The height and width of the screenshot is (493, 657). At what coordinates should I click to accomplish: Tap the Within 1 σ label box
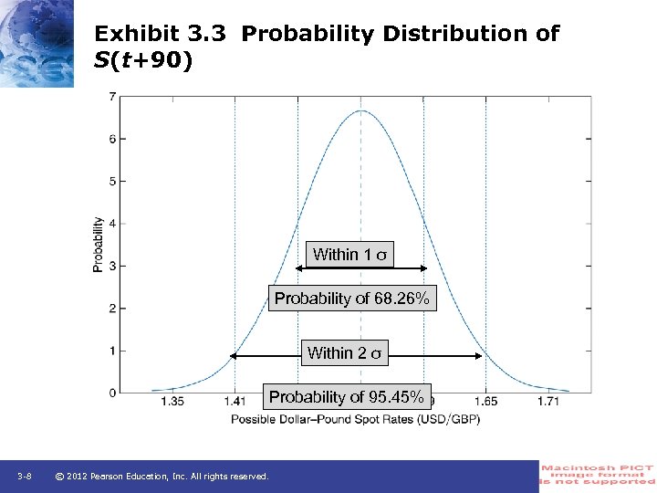pos(352,255)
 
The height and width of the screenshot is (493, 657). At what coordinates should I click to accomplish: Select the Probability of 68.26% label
pos(352,299)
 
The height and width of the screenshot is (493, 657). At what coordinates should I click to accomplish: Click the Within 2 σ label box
pos(347,353)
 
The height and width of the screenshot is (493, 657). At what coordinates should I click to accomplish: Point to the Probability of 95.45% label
pos(346,397)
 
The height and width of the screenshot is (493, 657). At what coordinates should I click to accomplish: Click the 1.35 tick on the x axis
pos(172,402)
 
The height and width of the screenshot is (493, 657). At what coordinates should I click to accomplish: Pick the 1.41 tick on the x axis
pos(235,402)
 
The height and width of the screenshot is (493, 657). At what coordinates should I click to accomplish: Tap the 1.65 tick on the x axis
pos(485,402)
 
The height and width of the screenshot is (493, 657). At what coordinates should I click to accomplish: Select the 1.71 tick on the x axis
pos(548,402)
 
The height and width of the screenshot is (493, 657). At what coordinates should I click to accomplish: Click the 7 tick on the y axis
pos(111,97)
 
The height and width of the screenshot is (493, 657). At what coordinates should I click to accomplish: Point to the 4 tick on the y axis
pos(111,224)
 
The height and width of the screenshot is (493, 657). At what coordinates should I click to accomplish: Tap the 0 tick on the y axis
pos(111,393)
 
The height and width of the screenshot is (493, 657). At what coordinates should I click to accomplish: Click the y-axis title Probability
pos(98,244)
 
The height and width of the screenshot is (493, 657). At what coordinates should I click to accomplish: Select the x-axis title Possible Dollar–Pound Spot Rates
pos(355,419)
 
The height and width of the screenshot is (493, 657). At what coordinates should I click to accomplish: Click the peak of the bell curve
pos(360,111)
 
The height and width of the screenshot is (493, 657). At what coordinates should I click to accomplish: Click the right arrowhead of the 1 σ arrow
pos(423,267)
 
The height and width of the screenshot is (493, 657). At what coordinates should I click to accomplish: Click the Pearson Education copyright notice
pos(162,477)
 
